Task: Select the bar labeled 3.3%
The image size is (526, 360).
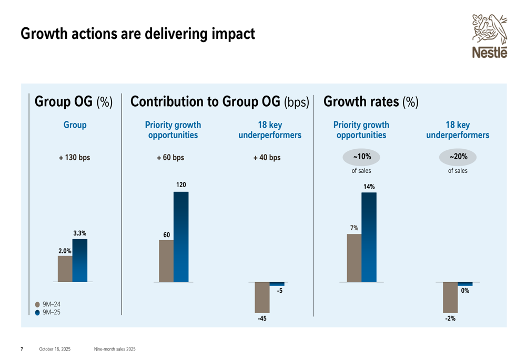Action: pyautogui.click(x=80, y=260)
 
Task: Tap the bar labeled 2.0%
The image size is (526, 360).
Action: pyautogui.click(x=65, y=269)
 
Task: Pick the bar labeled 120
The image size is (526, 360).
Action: pyautogui.click(x=181, y=236)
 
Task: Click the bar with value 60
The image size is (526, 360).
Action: pyautogui.click(x=166, y=261)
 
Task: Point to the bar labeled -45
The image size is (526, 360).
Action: pyautogui.click(x=262, y=297)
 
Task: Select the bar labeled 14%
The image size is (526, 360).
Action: pyautogui.click(x=369, y=237)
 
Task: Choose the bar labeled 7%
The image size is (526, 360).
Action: pyautogui.click(x=354, y=258)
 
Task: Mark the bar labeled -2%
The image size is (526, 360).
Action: pyautogui.click(x=450, y=297)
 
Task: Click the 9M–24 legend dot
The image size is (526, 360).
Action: pyautogui.click(x=37, y=304)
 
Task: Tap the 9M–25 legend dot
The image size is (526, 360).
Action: pyautogui.click(x=37, y=313)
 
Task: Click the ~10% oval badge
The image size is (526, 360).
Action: pyautogui.click(x=361, y=157)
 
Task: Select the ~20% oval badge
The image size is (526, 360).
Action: pyautogui.click(x=458, y=157)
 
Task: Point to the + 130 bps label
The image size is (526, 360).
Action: pyautogui.click(x=74, y=157)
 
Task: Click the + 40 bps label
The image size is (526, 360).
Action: pyautogui.click(x=267, y=157)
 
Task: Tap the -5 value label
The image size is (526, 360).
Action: pyautogui.click(x=280, y=291)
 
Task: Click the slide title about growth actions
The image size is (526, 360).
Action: pyautogui.click(x=138, y=35)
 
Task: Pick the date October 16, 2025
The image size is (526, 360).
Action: pyautogui.click(x=55, y=349)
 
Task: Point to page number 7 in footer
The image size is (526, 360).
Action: pyautogui.click(x=22, y=349)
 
